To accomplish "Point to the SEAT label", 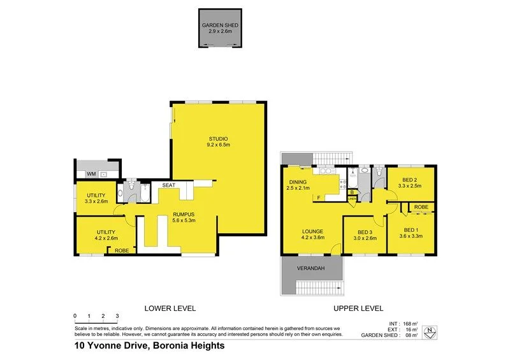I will pos(168,185).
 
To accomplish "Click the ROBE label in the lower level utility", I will pos(121,250).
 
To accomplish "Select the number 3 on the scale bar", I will pos(117,316).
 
